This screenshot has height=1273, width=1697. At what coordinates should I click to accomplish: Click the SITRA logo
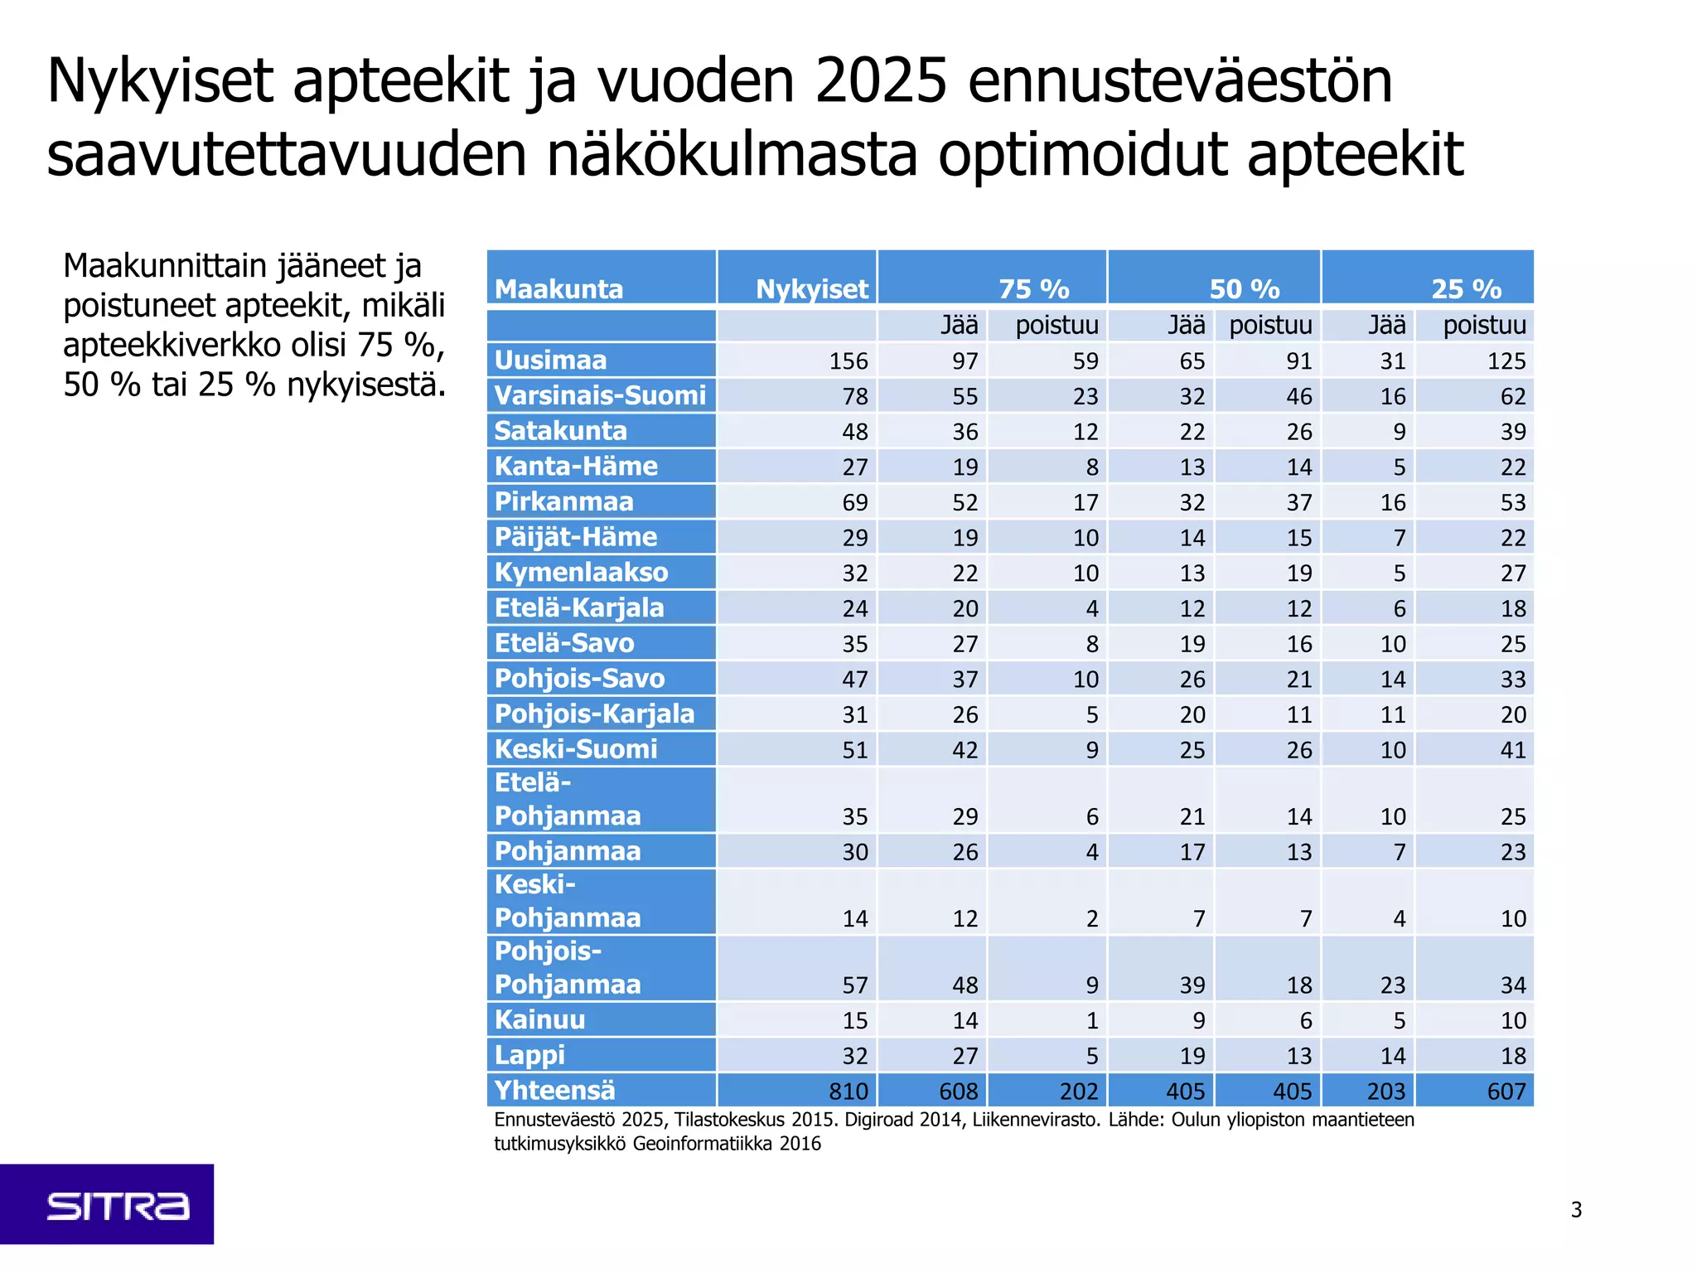point(117,1206)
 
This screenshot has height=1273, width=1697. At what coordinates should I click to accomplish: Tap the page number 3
point(1576,1210)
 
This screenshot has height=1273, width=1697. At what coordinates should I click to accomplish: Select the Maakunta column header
point(558,288)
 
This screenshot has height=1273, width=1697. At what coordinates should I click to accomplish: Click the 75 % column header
point(1033,288)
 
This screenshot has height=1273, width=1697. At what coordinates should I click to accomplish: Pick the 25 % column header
point(1466,288)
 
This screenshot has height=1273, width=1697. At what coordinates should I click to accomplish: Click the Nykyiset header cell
point(811,288)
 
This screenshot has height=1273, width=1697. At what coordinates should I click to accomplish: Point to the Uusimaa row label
point(550,361)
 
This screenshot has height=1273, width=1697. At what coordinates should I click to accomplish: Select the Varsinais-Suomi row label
point(600,395)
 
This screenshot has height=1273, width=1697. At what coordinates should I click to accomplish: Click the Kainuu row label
point(539,1019)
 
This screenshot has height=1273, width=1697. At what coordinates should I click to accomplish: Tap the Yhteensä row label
point(554,1090)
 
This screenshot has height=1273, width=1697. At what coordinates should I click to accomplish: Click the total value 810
point(848,1091)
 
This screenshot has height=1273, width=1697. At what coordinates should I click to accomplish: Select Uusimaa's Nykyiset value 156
point(848,361)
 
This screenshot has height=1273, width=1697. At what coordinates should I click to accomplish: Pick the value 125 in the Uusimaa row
point(1506,361)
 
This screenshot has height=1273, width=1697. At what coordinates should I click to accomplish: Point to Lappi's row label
point(529,1055)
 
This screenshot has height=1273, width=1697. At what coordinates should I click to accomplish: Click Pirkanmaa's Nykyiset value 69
point(854,502)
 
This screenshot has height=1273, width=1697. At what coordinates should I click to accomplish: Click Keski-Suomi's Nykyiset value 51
point(854,750)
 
